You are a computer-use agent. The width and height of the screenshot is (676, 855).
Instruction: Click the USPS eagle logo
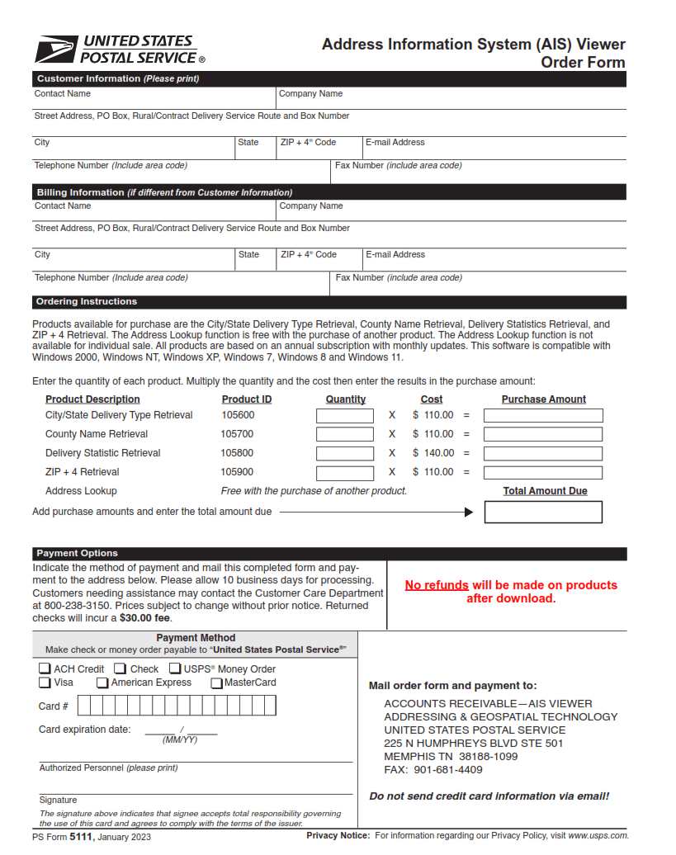pos(55,50)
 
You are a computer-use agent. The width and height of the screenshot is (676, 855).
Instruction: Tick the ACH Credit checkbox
pos(45,669)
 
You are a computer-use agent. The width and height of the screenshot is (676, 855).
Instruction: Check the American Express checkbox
pos(102,683)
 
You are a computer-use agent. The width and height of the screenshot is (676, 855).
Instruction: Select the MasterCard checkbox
pos(216,683)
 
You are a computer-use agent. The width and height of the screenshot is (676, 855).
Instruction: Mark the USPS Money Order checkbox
pos(175,669)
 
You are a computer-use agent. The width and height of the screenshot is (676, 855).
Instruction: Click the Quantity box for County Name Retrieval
pos(345,435)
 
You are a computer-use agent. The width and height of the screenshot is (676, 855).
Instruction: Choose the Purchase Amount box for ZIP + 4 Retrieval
pos(543,473)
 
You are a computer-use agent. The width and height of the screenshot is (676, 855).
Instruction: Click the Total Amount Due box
pos(543,513)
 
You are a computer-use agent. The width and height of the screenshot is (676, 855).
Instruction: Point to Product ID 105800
pos(237,453)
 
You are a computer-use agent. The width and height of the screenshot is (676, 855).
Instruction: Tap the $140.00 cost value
pos(433,453)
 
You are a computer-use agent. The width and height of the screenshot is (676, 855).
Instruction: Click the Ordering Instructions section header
pos(87,302)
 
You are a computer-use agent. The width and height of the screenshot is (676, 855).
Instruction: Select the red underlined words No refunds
pos(437,585)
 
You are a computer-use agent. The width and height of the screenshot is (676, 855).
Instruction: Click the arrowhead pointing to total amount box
pos(469,513)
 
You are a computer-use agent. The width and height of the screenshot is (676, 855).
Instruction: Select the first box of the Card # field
pos(85,706)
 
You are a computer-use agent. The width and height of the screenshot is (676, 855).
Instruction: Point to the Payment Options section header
pos(77,554)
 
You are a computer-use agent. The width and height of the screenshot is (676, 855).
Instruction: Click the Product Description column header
pos(92,399)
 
